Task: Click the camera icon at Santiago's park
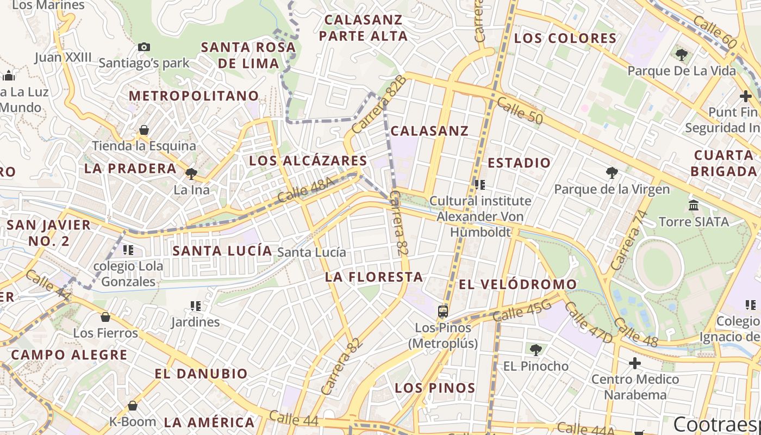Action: pos(144,47)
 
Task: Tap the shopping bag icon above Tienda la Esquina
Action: pos(144,130)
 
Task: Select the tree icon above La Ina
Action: pos(191,174)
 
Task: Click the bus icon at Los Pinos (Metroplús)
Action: pos(443,312)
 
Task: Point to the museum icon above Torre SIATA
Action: pos(694,206)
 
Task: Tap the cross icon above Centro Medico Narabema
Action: pos(635,363)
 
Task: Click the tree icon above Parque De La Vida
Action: pos(681,54)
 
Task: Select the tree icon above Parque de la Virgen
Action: pos(612,173)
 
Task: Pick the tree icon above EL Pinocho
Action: pos(535,350)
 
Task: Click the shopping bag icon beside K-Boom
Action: pos(133,406)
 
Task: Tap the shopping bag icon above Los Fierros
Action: pos(105,316)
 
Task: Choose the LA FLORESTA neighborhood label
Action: pos(374,277)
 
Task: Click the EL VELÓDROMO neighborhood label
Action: pos(517,284)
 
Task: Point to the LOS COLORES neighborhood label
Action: pos(565,39)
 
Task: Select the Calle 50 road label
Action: pos(519,110)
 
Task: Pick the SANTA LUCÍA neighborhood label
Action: pos(222,251)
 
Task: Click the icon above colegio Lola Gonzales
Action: pos(128,250)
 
